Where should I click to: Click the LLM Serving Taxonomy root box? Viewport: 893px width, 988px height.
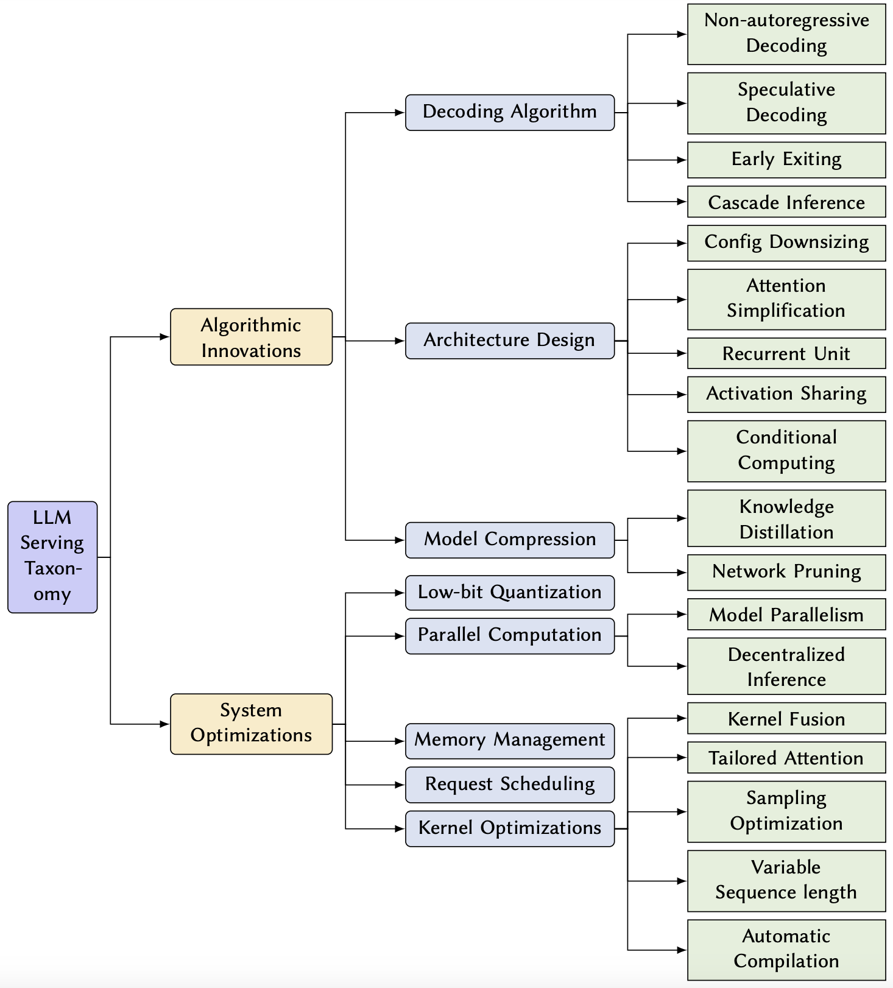[x=52, y=557]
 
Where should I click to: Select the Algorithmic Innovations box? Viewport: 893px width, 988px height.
[x=251, y=337]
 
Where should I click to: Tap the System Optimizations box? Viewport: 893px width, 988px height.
[x=251, y=724]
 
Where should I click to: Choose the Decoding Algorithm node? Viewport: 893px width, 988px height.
[x=509, y=112]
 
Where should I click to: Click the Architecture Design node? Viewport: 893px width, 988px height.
[x=509, y=341]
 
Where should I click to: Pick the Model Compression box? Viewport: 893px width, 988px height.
[x=509, y=540]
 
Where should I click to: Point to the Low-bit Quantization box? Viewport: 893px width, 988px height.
[x=509, y=593]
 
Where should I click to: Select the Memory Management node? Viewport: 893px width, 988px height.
[x=509, y=741]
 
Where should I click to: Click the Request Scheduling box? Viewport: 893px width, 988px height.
[x=509, y=785]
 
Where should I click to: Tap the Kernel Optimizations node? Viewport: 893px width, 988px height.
[x=509, y=828]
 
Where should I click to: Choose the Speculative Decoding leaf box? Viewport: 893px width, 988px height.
[x=786, y=103]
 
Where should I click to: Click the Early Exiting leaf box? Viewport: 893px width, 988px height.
[x=786, y=160]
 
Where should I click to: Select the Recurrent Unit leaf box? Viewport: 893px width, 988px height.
[x=786, y=353]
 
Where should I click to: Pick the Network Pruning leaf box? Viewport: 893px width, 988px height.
[x=786, y=572]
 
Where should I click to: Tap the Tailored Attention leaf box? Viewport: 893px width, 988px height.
[x=786, y=758]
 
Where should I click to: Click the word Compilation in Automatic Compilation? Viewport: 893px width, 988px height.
[x=786, y=962]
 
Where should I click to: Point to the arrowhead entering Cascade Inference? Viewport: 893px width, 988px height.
[x=682, y=202]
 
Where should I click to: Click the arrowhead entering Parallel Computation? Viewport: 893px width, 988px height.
[x=400, y=636]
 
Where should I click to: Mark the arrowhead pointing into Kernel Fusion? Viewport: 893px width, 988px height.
[x=682, y=718]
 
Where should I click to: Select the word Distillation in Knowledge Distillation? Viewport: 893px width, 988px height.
[x=786, y=532]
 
